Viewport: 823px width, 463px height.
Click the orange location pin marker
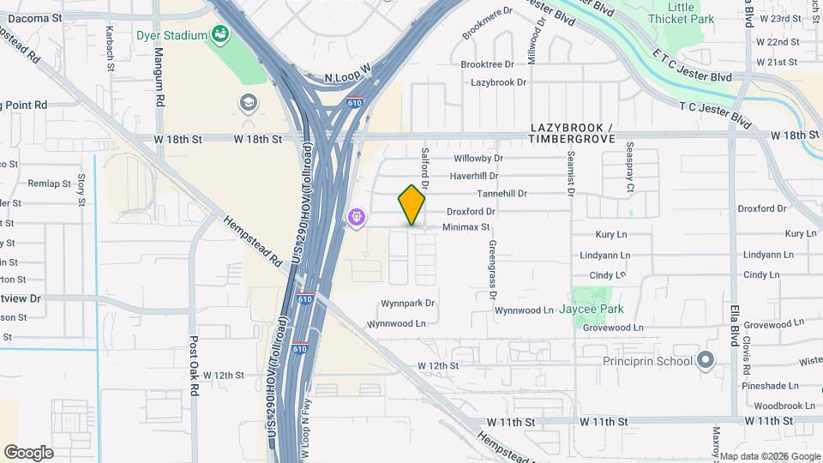[412, 205]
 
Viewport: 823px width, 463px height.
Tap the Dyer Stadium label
[172, 35]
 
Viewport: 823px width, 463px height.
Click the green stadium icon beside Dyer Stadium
[220, 34]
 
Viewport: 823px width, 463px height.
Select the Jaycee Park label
[591, 309]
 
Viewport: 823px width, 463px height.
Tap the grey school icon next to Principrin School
[706, 360]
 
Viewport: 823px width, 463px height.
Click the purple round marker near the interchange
[357, 219]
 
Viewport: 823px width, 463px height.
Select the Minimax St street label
[466, 227]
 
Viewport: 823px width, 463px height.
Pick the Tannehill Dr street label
[502, 194]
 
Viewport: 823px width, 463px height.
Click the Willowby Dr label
[478, 159]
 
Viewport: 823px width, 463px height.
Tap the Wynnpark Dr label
[408, 304]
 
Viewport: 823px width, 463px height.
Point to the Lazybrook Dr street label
[498, 82]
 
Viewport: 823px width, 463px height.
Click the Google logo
[28, 453]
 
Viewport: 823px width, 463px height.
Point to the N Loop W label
[346, 76]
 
